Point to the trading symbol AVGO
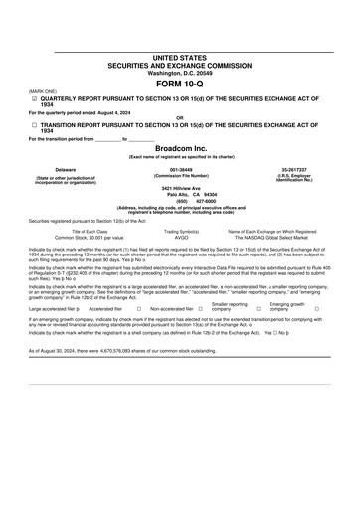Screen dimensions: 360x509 [x=180, y=238]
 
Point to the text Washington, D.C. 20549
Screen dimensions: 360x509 [x=180, y=73]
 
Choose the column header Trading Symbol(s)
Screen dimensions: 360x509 [x=180, y=231]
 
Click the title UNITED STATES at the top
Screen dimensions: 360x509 [x=180, y=59]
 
